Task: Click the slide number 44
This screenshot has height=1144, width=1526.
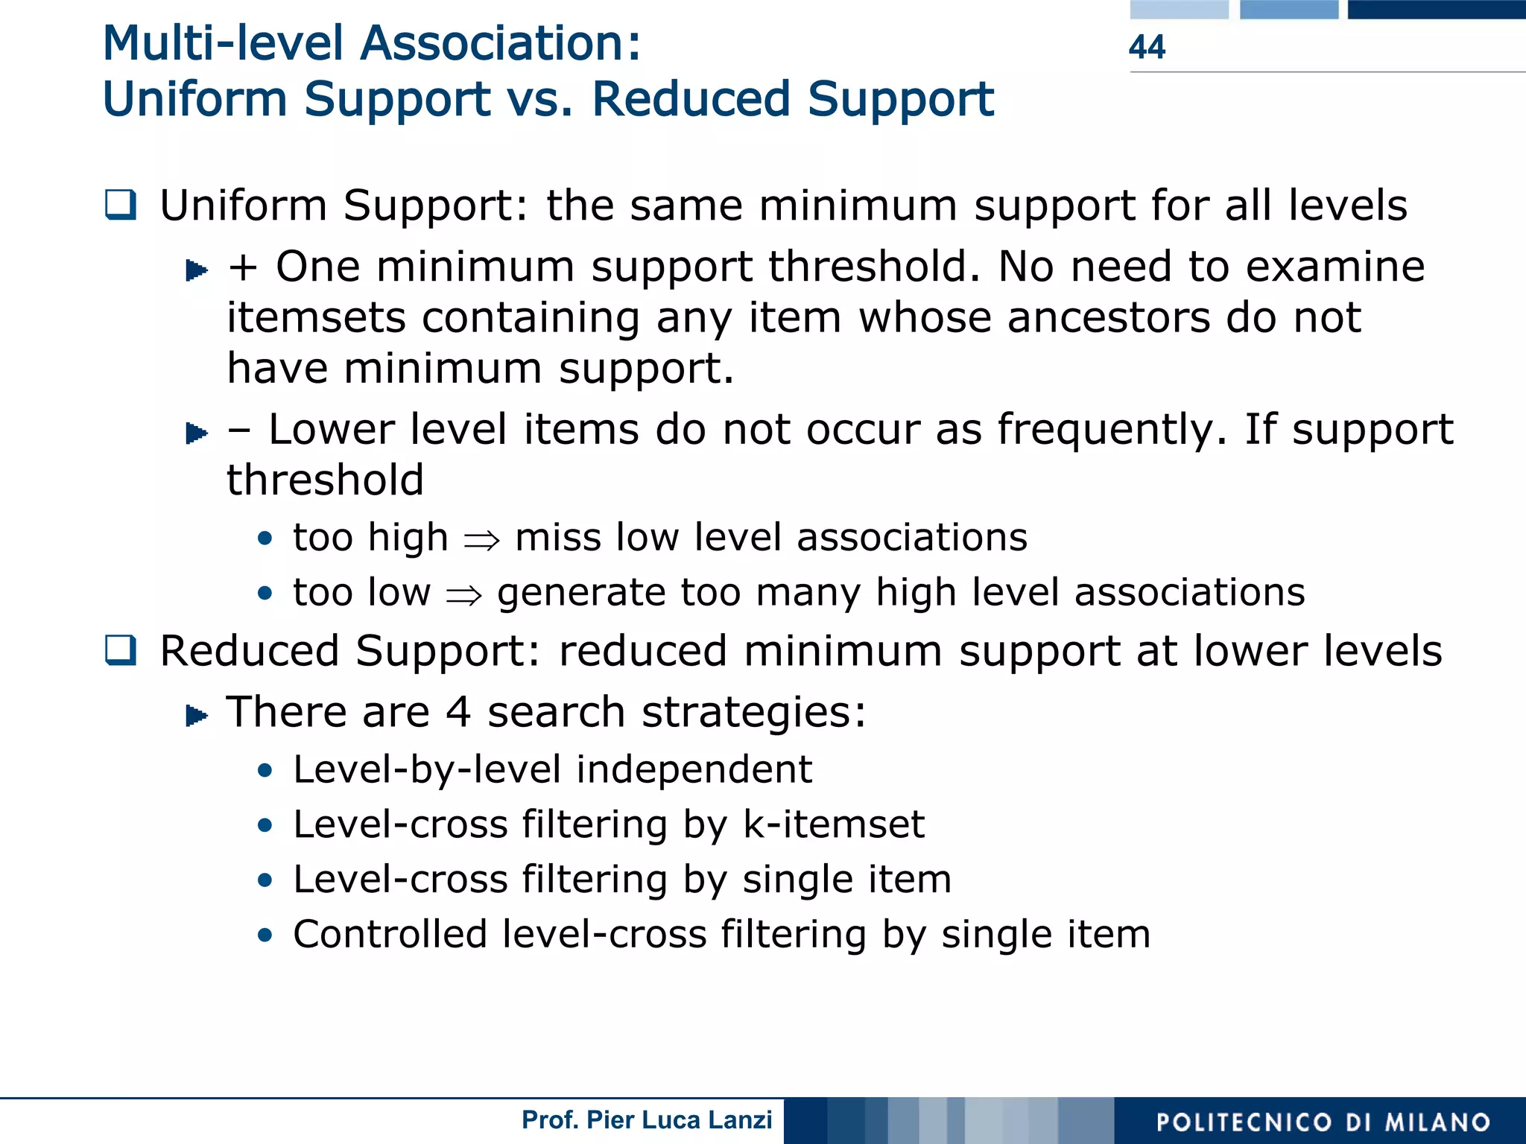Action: click(x=1147, y=47)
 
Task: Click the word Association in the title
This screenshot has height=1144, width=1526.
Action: click(x=500, y=43)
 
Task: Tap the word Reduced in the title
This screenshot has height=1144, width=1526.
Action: click(x=690, y=99)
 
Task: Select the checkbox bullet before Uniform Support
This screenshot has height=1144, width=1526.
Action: click(x=120, y=205)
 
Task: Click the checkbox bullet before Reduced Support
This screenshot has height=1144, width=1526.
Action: click(x=120, y=650)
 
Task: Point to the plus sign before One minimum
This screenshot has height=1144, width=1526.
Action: click(x=243, y=267)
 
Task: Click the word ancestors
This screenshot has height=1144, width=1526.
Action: click(x=1109, y=318)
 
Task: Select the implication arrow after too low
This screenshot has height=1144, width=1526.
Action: click(x=463, y=594)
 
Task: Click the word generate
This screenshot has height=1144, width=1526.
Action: click(x=580, y=594)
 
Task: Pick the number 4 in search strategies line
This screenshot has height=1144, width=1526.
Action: click(x=458, y=711)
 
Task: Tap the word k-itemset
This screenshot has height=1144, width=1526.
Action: click(x=834, y=824)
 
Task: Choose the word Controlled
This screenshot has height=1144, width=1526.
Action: click(x=390, y=934)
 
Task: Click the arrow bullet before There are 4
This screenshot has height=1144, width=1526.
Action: click(x=196, y=715)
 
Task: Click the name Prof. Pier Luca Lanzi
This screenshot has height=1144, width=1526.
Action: click(x=647, y=1120)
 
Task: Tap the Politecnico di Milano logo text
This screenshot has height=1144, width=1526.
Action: click(x=1323, y=1122)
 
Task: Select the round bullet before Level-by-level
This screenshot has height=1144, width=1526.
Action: click(x=265, y=770)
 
